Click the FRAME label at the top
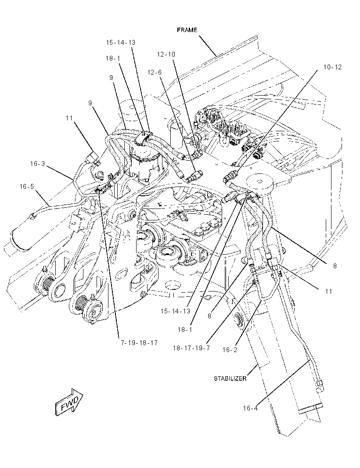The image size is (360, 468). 187,30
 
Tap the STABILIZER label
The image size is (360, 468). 230,378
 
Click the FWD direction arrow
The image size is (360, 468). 69,402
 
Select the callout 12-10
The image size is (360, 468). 166,54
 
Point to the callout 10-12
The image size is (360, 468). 332,67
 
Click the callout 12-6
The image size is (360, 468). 155,72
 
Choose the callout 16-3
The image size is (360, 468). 37,164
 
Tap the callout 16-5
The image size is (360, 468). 27,187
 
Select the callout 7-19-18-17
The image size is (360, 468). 139,342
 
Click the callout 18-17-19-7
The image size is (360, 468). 191,348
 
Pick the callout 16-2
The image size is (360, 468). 230,350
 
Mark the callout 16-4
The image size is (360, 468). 250,408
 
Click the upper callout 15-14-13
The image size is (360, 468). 121,43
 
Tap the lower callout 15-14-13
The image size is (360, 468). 175,311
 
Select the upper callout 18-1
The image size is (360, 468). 113,58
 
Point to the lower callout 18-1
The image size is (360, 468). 185,330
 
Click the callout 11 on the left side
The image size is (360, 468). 69,118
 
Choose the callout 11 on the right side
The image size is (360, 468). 328,292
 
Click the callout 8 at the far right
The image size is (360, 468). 335,266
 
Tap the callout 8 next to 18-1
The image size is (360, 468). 209,316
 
